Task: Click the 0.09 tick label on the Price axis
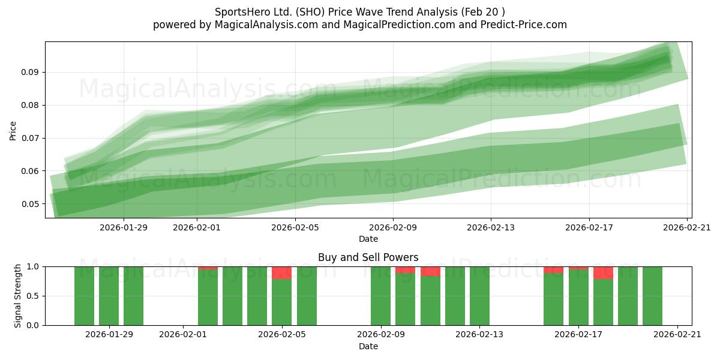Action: tap(30, 72)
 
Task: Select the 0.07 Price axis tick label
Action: tap(30, 138)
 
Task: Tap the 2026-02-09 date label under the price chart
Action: tap(393, 227)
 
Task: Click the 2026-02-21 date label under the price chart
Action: tap(687, 227)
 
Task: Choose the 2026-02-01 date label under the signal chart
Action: tap(183, 334)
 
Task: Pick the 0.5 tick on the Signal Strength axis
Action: tap(32, 296)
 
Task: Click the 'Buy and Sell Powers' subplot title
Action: tap(368, 257)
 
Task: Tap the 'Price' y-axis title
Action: tap(13, 131)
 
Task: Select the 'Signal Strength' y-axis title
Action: tap(17, 296)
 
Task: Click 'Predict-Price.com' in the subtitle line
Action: tap(524, 25)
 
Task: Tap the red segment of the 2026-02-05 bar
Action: tap(281, 273)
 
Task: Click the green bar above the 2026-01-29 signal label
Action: tap(109, 296)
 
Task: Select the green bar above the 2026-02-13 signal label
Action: tap(479, 296)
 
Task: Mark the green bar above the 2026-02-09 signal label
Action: tap(380, 296)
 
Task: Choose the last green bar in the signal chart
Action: tap(653, 296)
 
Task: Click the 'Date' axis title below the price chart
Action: tap(368, 239)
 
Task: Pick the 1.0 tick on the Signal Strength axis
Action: tap(32, 266)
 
